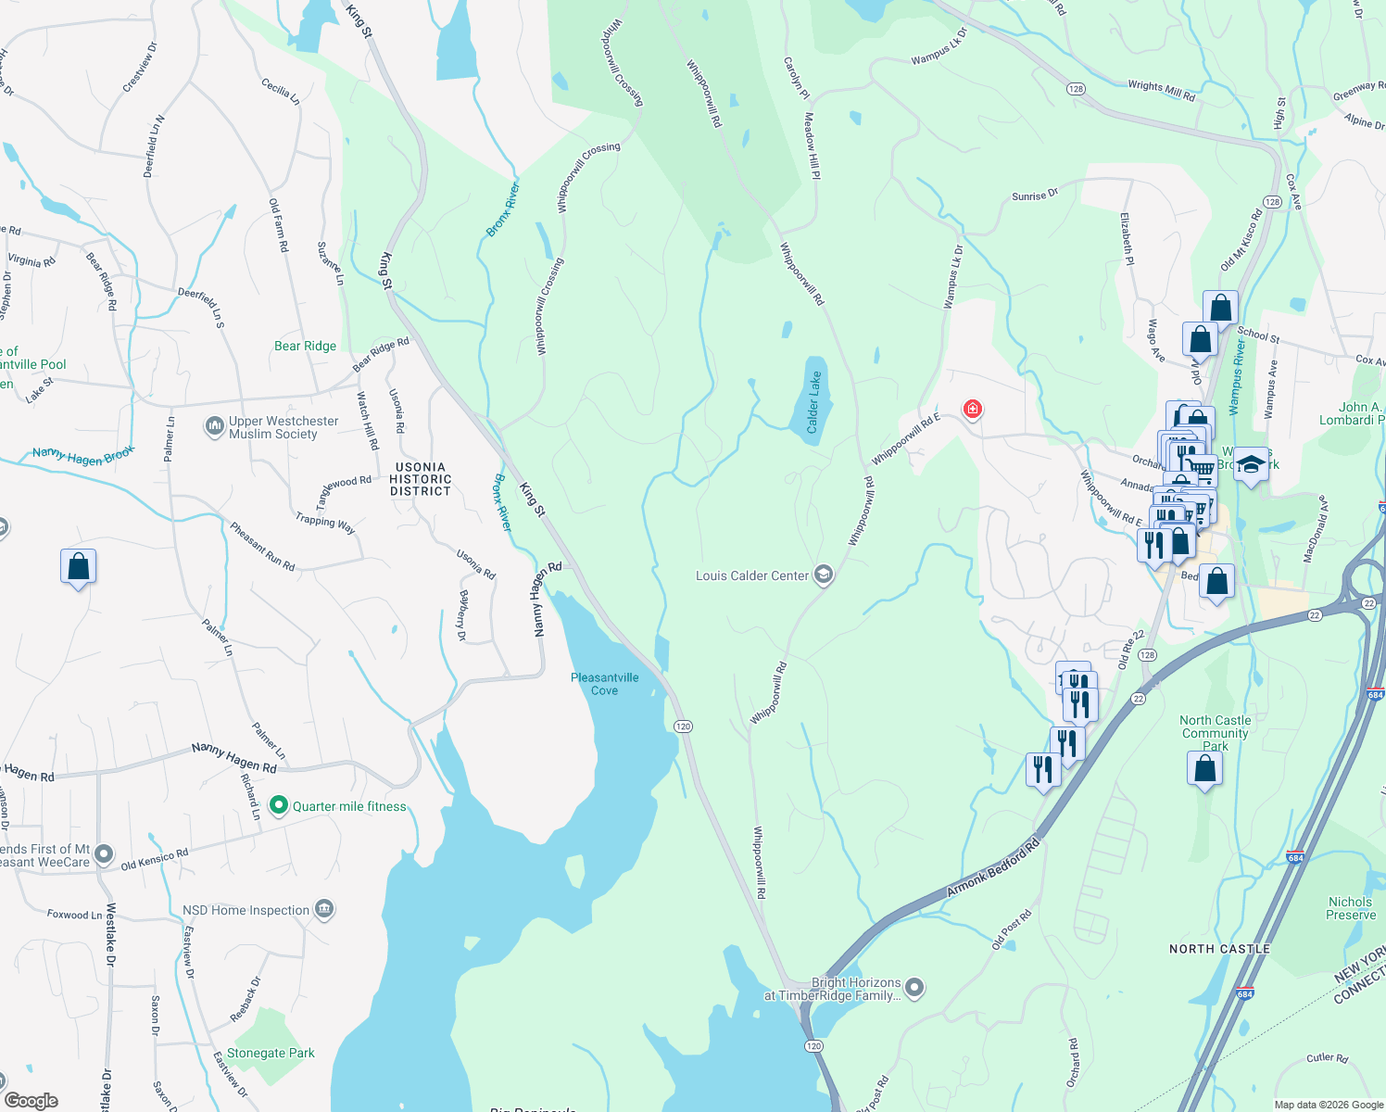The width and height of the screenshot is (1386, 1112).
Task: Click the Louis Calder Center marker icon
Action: point(824,575)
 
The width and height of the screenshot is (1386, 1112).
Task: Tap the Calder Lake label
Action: point(813,402)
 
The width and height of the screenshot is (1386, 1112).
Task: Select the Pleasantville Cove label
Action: point(604,684)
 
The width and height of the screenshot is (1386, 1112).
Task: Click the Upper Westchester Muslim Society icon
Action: point(215,427)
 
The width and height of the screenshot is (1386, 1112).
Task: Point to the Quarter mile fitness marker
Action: point(279,806)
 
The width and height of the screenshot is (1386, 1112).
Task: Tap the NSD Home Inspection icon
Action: point(323,910)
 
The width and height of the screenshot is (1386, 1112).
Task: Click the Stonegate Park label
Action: point(271,1054)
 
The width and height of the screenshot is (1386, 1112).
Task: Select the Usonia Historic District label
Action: point(421,480)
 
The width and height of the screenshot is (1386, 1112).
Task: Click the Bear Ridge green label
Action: point(305,346)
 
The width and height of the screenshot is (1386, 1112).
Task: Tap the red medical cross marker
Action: point(972,409)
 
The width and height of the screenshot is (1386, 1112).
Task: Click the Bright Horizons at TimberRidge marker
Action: point(914,988)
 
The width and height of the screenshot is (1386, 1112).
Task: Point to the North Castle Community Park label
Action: point(1215,733)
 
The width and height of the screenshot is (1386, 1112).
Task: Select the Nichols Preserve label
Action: point(1350,908)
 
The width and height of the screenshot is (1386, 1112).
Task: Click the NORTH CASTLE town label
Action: point(1219,949)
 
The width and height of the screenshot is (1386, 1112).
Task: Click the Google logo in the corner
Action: point(31,1100)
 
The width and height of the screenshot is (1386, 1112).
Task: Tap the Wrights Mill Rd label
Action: point(1161,90)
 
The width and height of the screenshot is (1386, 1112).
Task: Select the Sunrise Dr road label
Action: point(1034,196)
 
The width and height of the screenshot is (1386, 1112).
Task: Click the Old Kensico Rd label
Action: point(155,860)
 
